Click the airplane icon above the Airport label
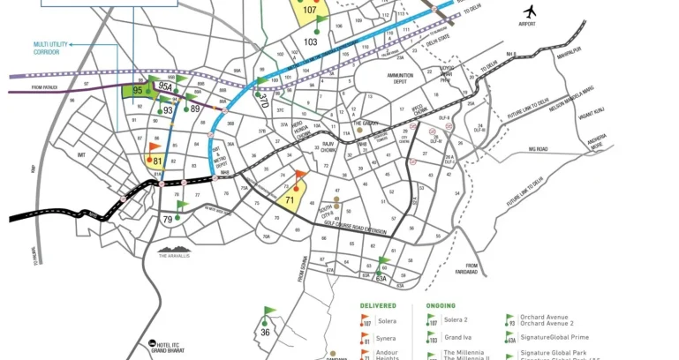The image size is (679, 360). [x=529, y=11]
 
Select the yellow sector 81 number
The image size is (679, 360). [x=157, y=162]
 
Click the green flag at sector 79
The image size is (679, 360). [x=182, y=206]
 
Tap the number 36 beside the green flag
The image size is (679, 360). [x=265, y=332]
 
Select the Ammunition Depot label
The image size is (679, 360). [x=406, y=79]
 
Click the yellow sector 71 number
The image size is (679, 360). [x=290, y=200]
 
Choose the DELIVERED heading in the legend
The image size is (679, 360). [x=377, y=305]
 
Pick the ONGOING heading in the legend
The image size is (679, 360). [x=441, y=305]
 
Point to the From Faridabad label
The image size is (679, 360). [x=472, y=269]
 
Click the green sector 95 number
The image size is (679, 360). [x=138, y=90]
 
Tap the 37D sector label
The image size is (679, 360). [x=263, y=99]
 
